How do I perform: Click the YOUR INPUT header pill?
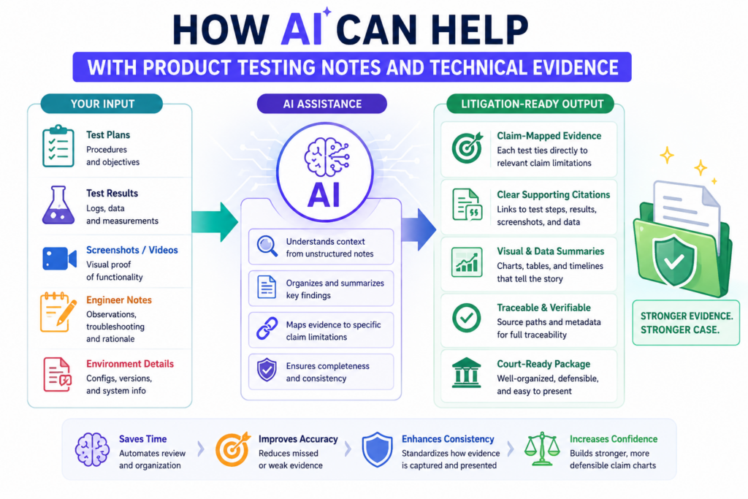102,104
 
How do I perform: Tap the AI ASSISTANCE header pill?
322,104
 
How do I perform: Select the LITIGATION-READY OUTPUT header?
530,104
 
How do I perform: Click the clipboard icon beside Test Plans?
58,146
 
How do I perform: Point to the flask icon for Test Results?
58,205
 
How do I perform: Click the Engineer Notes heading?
119,300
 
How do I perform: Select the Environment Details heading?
130,364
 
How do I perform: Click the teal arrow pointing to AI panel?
215,222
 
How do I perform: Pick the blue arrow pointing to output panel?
419,229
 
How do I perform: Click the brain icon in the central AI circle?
327,157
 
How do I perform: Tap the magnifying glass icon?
267,246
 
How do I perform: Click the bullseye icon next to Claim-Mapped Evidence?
467,148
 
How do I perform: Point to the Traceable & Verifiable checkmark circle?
467,317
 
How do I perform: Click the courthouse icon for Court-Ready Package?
466,373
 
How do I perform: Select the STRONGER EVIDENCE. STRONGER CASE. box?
686,323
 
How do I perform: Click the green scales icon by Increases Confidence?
542,449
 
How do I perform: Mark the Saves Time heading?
142,439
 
